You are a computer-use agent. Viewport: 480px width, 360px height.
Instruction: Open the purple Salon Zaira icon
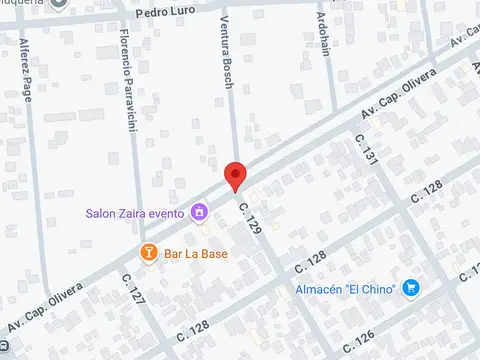[x=199, y=212]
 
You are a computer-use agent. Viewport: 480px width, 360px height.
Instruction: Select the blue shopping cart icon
[x=410, y=288]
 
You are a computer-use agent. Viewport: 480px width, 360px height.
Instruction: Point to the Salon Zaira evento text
[x=134, y=212]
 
